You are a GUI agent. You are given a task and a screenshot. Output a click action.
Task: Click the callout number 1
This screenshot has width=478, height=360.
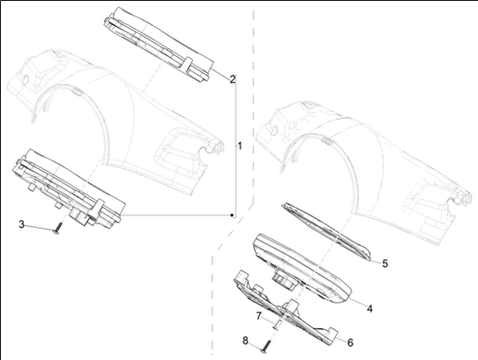pos(239,146)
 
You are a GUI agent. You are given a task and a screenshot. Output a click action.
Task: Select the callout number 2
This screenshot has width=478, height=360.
pos(232,79)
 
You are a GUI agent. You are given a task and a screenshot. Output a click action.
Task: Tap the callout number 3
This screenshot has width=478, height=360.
pos(21,224)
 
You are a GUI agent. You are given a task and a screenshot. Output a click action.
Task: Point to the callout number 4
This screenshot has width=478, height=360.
pos(370,309)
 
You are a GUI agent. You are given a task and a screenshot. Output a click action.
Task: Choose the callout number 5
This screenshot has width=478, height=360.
pos(384,263)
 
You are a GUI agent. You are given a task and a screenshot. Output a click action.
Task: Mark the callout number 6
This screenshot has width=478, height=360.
pos(351,343)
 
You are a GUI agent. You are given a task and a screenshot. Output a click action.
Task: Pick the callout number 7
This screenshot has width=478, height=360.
pos(259,317)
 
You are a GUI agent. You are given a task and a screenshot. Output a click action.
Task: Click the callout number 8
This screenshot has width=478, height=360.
pos(245,341)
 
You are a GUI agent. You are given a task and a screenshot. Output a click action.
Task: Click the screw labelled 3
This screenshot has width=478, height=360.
pos(58,229)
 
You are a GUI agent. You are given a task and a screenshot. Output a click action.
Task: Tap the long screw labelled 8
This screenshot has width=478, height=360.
pos(267,347)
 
